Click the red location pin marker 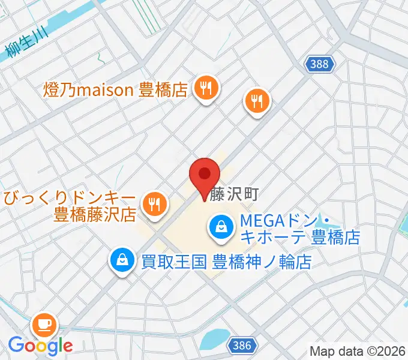click(205, 175)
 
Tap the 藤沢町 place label click(234, 194)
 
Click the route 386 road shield click(242, 345)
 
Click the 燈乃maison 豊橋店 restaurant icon click(206, 89)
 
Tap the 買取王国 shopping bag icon click(122, 260)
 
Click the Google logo click(40, 346)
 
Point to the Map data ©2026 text click(358, 351)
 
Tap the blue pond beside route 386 click(213, 340)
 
